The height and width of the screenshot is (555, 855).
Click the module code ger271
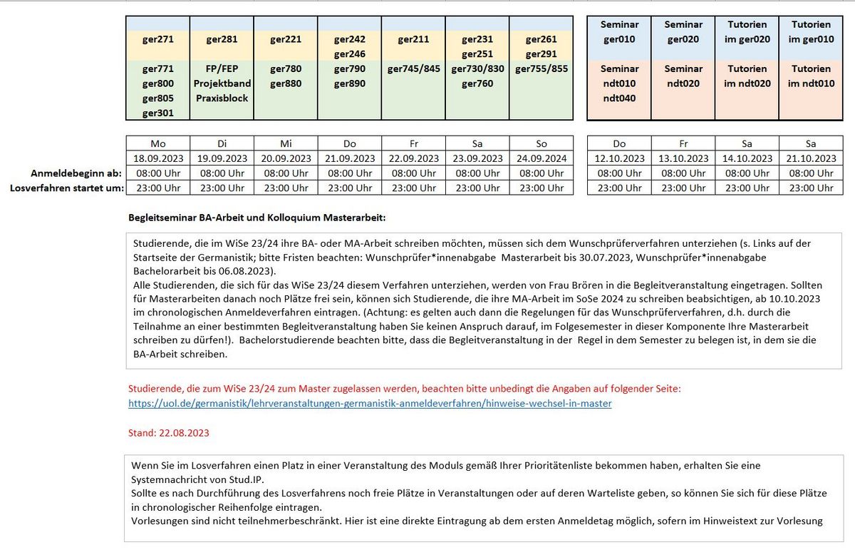tap(158, 40)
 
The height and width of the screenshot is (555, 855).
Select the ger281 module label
tap(222, 40)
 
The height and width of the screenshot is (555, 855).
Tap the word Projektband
tap(222, 83)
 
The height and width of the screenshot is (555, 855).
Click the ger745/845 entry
tap(414, 69)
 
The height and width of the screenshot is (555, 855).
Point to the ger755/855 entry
tap(541, 69)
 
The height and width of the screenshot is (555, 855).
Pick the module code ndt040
tap(618, 98)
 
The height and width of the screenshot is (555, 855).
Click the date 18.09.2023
tap(158, 158)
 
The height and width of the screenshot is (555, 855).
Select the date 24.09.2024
tap(541, 158)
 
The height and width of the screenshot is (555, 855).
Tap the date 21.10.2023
tap(811, 158)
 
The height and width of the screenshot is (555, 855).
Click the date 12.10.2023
tap(618, 158)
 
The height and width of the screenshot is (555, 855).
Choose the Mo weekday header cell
tap(158, 143)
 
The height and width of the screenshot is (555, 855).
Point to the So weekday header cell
tap(541, 143)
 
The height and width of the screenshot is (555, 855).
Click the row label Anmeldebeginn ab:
tap(76, 173)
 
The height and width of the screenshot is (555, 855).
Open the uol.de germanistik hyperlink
tap(370, 403)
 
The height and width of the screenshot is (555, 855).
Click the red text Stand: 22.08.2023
tap(169, 432)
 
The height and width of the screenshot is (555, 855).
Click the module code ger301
tap(158, 113)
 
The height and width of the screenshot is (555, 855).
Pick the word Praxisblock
tap(222, 98)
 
